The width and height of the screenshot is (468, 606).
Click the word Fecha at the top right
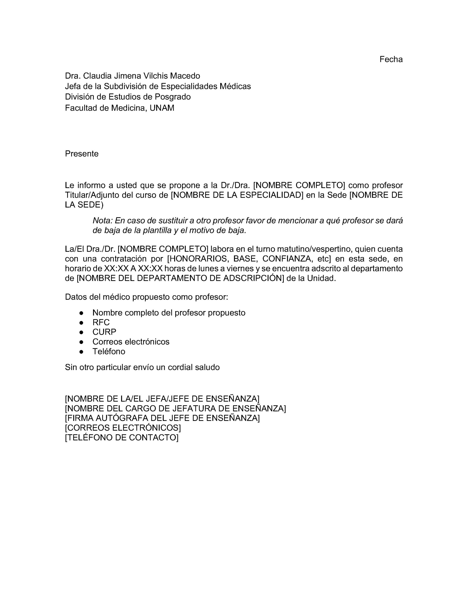pos(391,59)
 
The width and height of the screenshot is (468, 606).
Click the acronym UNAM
pos(162,108)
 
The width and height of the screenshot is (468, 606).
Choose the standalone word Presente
pos(82,154)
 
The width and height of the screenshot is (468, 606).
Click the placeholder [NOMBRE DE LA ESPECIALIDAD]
pos(237,195)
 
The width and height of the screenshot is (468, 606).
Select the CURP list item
pos(104,332)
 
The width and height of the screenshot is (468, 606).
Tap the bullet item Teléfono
pos(109,352)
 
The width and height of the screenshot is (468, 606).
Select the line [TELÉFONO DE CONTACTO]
pos(122,437)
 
